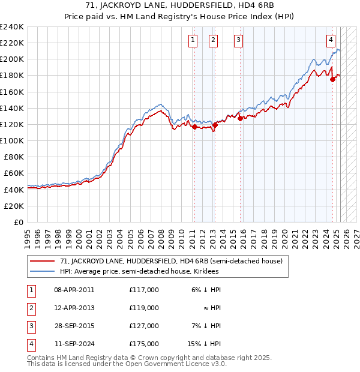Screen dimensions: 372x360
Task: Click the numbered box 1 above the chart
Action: tap(193, 40)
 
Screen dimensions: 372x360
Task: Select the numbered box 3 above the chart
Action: tap(238, 40)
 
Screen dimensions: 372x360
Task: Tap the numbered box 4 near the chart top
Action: tap(331, 40)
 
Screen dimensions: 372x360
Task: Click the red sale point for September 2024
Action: tap(332, 79)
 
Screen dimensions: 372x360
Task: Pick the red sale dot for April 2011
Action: tap(194, 127)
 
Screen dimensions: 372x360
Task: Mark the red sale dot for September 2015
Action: tap(240, 118)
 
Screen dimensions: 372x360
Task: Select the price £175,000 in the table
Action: tap(143, 344)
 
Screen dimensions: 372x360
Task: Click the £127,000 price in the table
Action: tap(143, 326)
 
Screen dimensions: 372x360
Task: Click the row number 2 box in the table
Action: tap(31, 308)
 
